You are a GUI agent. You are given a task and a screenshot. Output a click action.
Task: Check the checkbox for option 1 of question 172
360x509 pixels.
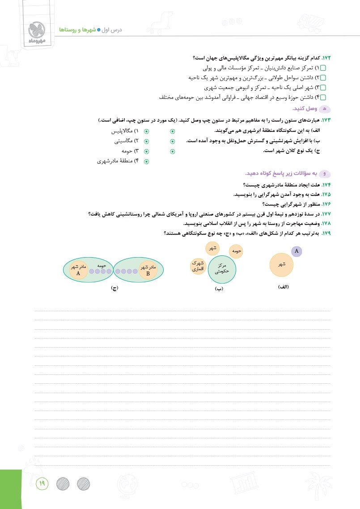[324, 68]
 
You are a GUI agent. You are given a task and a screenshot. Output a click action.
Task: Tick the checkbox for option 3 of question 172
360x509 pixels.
[324, 88]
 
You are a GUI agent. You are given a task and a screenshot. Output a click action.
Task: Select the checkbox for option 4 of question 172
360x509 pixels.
[324, 97]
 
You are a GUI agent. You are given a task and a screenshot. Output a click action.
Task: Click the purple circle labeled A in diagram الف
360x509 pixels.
[296, 251]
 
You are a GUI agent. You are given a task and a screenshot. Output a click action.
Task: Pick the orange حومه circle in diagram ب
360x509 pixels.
[236, 252]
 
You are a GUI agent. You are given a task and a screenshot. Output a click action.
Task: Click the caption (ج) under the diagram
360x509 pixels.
[114, 288]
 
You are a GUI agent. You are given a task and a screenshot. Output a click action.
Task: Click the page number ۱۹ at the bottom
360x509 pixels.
[41, 483]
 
